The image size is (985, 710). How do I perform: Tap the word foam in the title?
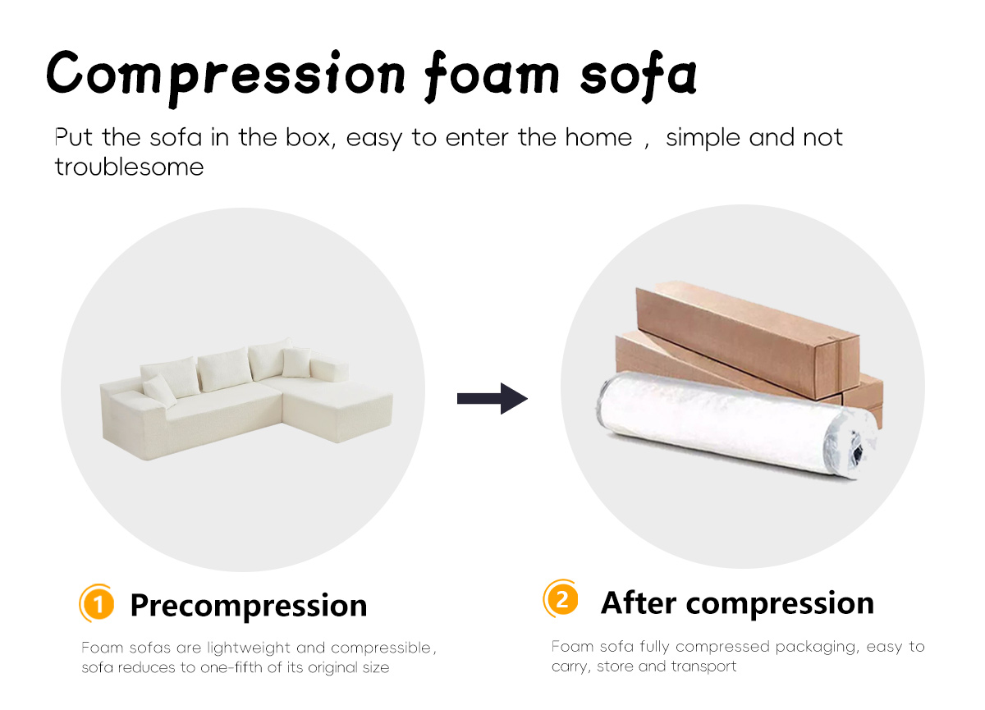492,76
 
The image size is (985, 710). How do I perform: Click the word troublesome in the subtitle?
130,167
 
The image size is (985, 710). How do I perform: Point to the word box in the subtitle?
310,138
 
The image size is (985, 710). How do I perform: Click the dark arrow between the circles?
492,398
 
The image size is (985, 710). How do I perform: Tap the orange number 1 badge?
97,603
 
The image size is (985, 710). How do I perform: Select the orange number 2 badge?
561,598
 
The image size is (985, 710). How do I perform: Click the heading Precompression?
249,607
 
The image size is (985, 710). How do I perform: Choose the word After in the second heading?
639,602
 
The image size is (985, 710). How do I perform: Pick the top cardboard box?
748,338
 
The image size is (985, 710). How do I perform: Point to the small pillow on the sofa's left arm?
159,391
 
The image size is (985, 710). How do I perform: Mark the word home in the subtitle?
598,138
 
